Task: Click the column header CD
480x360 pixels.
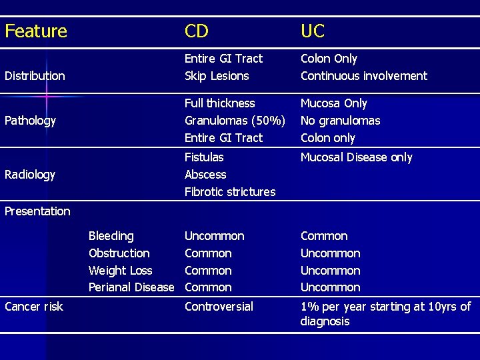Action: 197,31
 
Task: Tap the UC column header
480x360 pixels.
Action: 313,31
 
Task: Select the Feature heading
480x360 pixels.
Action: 36,31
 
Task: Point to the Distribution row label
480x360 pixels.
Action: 35,76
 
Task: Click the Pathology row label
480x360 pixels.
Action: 30,121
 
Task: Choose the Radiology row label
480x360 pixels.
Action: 30,175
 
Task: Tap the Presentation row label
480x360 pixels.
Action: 37,211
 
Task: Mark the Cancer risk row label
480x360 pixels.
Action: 34,307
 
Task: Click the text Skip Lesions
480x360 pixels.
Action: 217,76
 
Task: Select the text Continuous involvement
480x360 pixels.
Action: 364,76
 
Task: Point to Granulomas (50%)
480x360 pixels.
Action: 235,121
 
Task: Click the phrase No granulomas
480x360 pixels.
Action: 340,121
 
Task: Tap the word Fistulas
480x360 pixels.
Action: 204,157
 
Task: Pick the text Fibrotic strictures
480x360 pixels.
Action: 230,192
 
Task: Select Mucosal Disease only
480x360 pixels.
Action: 357,157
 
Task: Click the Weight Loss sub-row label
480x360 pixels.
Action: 120,271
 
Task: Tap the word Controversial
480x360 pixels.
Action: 219,307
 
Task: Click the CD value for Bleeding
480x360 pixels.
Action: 214,236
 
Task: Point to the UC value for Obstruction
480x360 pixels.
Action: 330,253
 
